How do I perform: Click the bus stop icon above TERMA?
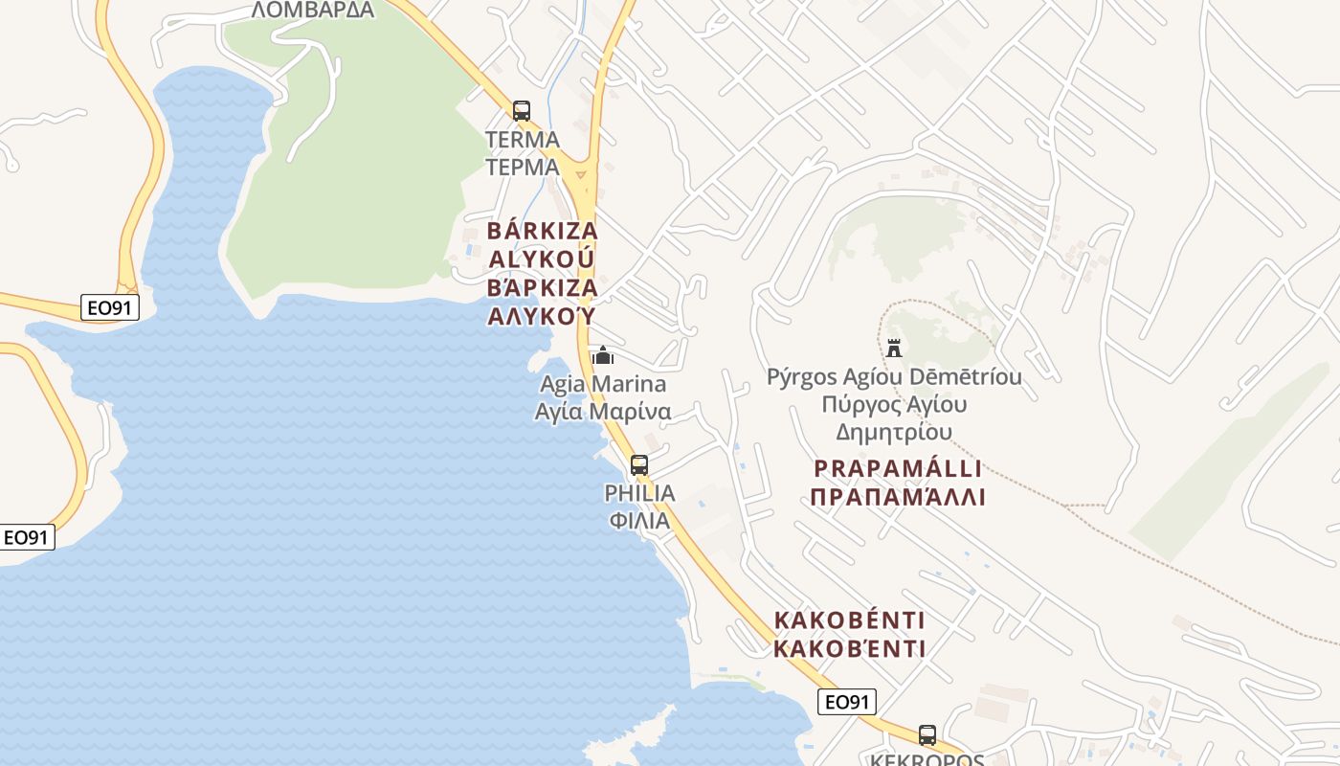coord(521,111)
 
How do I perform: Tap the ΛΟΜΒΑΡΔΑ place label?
coord(312,10)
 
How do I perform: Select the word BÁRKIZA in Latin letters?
coord(543,231)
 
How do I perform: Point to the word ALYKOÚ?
coord(542,259)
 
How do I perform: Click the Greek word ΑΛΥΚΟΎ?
coord(542,316)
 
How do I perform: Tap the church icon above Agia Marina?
coord(603,356)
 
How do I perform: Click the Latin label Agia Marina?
coord(603,385)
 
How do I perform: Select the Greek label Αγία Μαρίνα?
coord(603,413)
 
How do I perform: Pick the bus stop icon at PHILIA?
coord(639,465)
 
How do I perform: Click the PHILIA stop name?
coord(639,493)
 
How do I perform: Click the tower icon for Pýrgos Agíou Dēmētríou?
coord(894,348)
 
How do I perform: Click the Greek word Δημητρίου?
coord(894,432)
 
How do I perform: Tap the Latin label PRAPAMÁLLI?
coord(898,469)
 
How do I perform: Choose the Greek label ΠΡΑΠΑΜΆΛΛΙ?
coord(898,498)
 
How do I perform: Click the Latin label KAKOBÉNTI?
coord(849,620)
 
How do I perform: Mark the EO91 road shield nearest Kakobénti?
coord(847,702)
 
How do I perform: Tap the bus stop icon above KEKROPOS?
coord(927,735)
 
